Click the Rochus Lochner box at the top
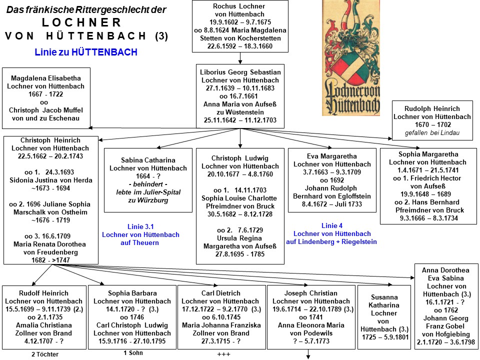[x=240, y=26]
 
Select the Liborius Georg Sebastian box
[x=240, y=96]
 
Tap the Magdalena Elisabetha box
[x=46, y=98]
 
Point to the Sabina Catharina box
[x=148, y=180]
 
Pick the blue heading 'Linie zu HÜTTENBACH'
[x=86, y=52]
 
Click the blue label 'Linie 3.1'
[x=140, y=227]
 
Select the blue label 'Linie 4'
[x=332, y=225]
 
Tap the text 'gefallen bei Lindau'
[x=432, y=133]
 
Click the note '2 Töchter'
[x=45, y=354]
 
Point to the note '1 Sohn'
[x=133, y=353]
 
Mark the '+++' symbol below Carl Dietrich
[x=223, y=354]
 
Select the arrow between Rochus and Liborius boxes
[x=240, y=58]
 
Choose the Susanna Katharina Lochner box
[x=384, y=317]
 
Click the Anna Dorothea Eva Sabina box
[x=445, y=306]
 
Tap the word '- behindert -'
[x=148, y=184]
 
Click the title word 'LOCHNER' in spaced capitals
[x=81, y=22]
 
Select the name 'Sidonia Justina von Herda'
[x=51, y=180]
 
